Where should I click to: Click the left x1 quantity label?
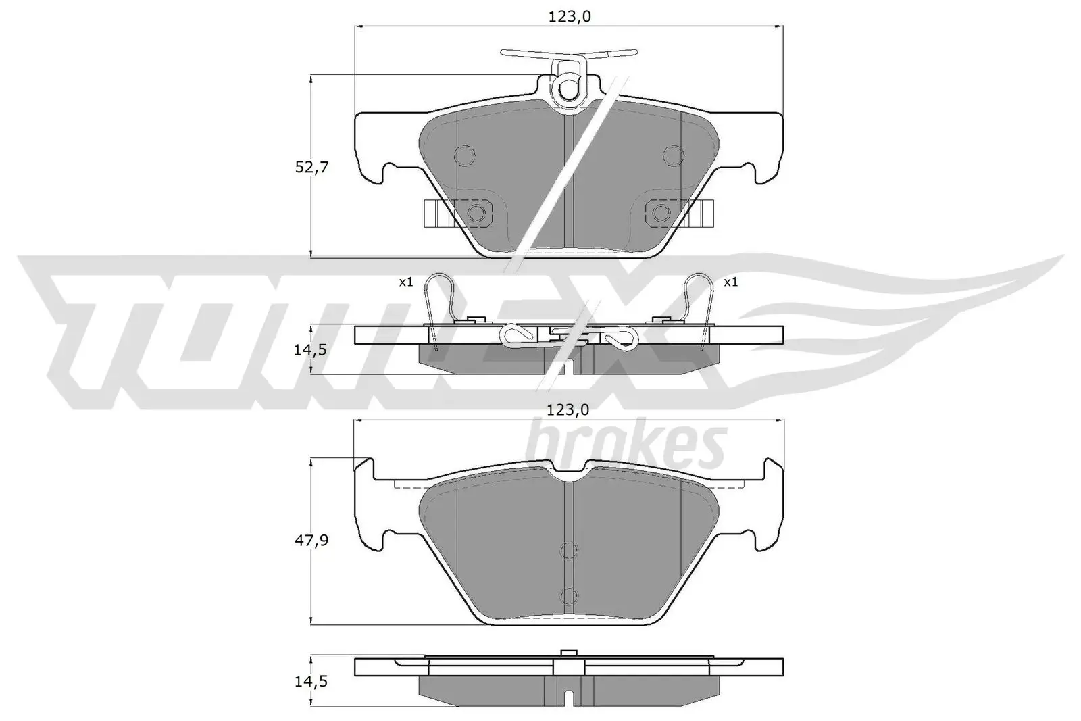[x=405, y=282]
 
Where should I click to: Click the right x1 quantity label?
[x=730, y=282]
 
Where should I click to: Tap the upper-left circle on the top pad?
[x=465, y=155]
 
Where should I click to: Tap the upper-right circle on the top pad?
[x=674, y=155]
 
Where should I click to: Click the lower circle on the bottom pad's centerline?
[x=569, y=595]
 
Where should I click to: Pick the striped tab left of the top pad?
[x=437, y=214]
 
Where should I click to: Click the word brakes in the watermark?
[x=625, y=446]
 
